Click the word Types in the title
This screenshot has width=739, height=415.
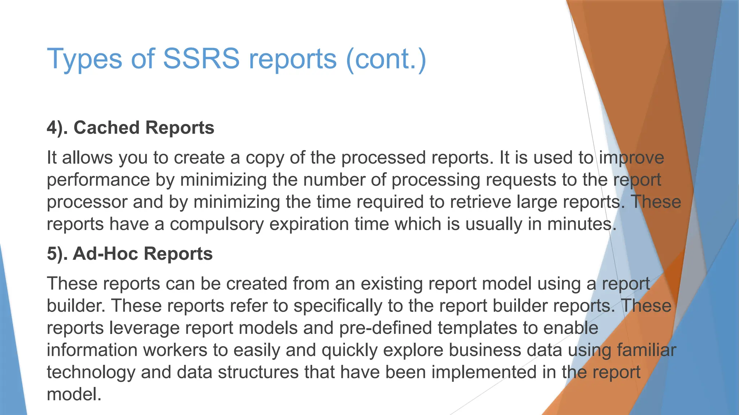85,59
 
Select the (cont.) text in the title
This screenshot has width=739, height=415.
386,59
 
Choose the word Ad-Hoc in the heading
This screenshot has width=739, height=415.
105,254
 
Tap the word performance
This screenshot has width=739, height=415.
98,180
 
